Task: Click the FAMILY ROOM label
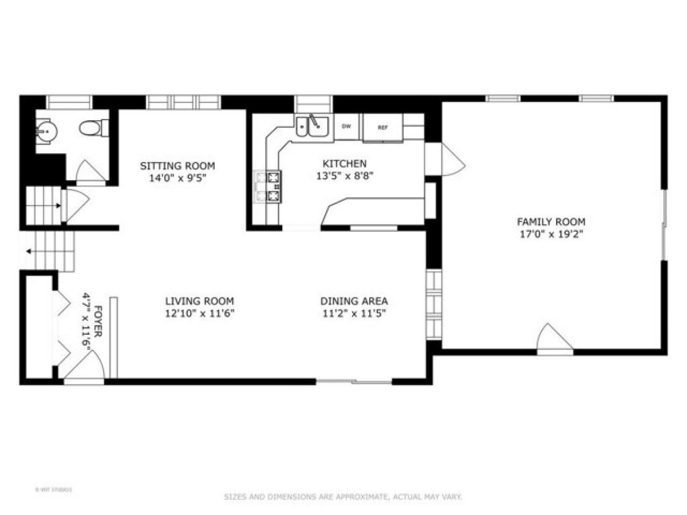tap(551, 221)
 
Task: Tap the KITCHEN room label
tap(344, 164)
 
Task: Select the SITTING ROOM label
tap(177, 166)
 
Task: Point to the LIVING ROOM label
tap(199, 301)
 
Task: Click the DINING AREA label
tap(353, 301)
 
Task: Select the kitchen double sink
tap(311, 127)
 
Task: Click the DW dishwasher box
tap(346, 126)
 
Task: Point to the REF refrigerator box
tap(382, 128)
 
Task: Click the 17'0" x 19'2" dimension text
tap(551, 233)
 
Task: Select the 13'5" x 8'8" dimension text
tap(344, 176)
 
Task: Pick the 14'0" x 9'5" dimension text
tap(177, 178)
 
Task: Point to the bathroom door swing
tap(89, 172)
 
